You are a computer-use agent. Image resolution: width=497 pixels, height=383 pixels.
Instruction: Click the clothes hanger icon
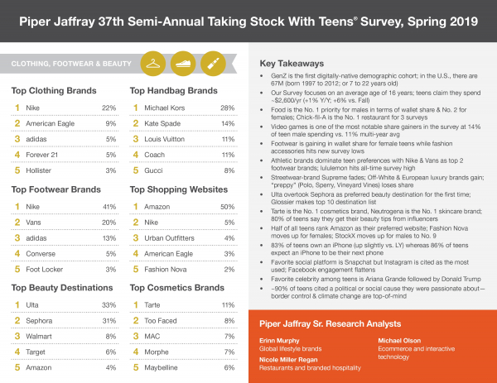pyautogui.click(x=153, y=62)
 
